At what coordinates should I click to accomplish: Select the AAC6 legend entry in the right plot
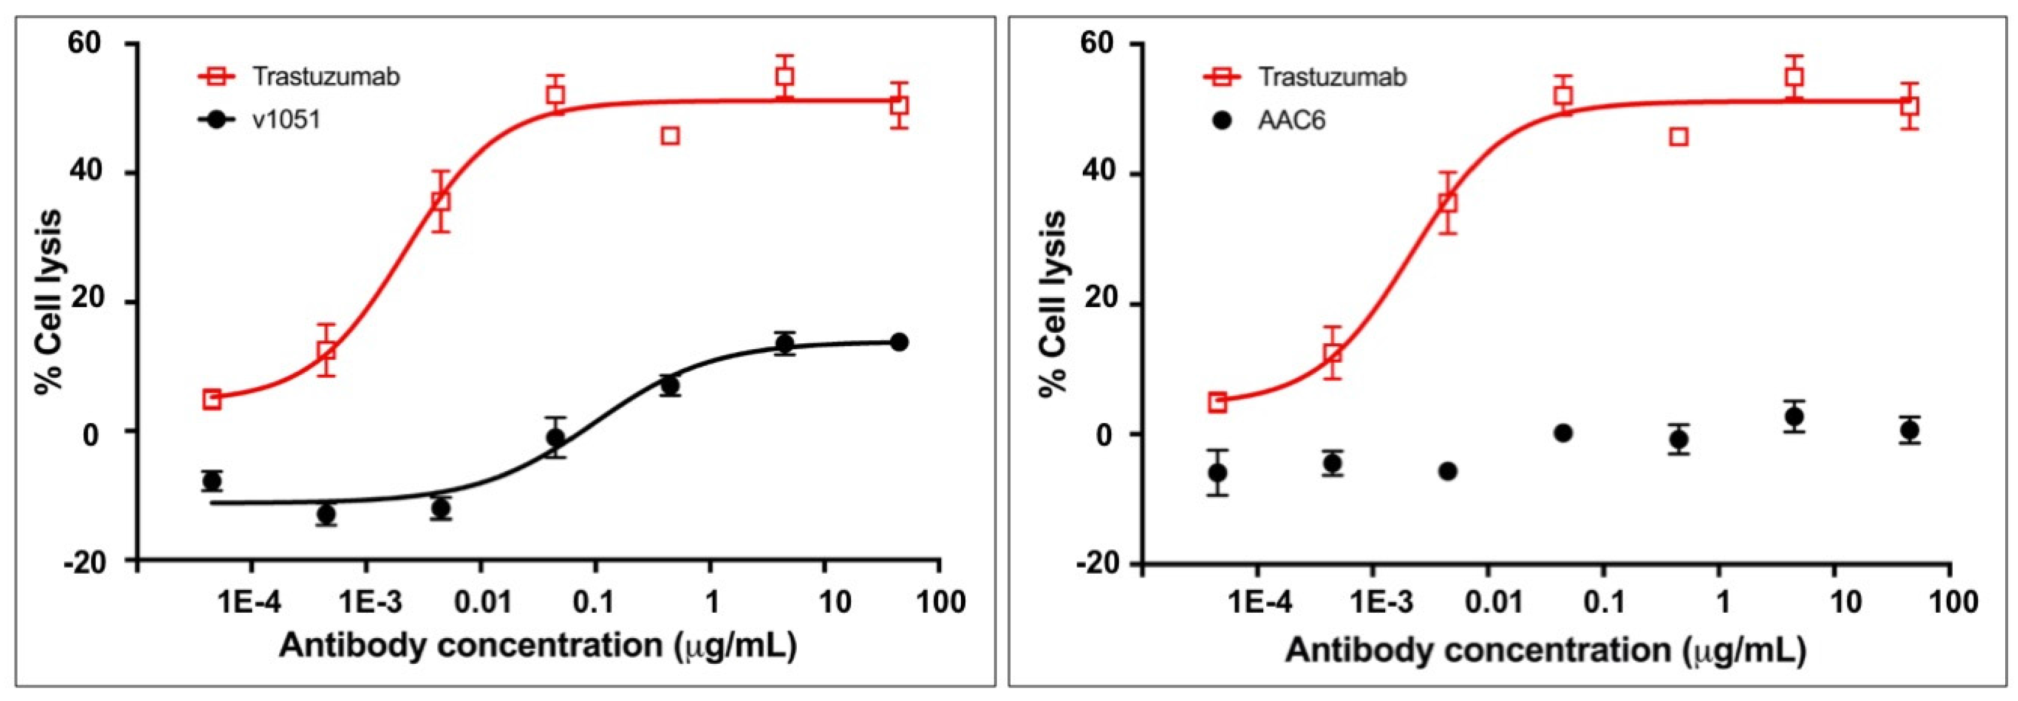coord(1291,121)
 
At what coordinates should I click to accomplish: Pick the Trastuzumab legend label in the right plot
coord(1332,77)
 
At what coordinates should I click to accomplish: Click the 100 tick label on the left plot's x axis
coord(939,602)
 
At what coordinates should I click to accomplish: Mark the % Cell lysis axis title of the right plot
coord(1054,304)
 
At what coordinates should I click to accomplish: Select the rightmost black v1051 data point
coord(899,343)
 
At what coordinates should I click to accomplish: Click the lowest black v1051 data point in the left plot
coord(327,514)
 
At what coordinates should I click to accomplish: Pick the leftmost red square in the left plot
coord(212,399)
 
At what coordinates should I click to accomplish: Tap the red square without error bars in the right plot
coord(1678,137)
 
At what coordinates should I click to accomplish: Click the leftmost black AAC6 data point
coord(1218,473)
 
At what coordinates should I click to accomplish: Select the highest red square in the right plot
coord(1794,77)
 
